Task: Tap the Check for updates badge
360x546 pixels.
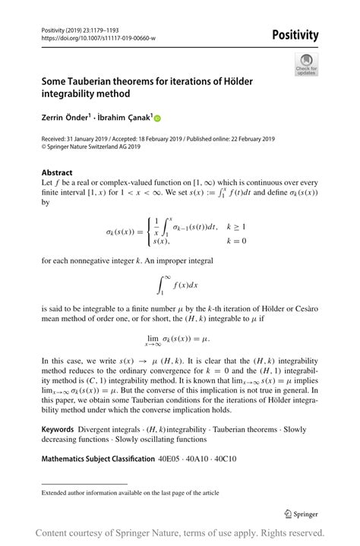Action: click(x=307, y=64)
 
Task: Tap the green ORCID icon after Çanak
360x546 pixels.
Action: click(x=158, y=118)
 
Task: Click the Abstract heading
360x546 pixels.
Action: click(x=57, y=172)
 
